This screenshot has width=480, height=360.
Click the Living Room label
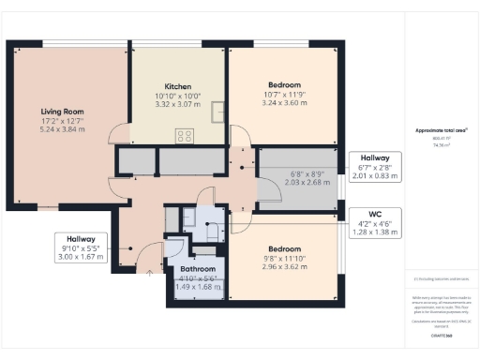[x=62, y=111]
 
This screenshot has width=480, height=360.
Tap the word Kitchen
[x=177, y=84]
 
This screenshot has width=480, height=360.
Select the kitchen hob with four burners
[x=184, y=135]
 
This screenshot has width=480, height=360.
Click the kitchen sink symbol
[x=217, y=112]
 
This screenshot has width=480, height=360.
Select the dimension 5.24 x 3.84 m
[x=62, y=129]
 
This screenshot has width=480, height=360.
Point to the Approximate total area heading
[x=441, y=129]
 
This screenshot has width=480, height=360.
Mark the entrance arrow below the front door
[x=150, y=273]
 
